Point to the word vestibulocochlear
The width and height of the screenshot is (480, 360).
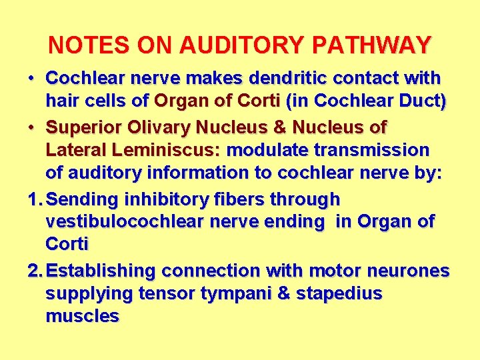pyautogui.click(x=133, y=222)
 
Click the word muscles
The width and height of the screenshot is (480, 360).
pyautogui.click(x=82, y=317)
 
